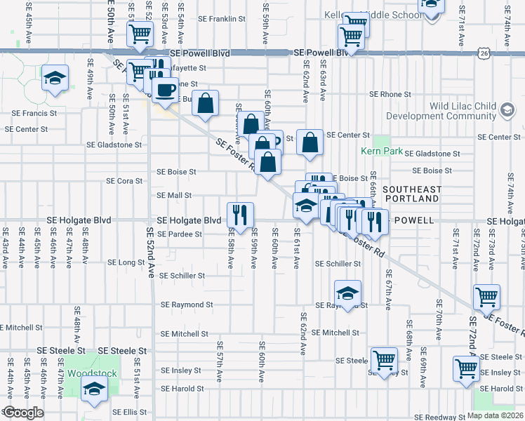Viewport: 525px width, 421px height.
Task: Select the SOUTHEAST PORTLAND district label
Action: [x=412, y=194]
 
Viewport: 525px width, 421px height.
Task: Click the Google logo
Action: [x=22, y=412]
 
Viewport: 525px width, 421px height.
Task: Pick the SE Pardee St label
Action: [x=180, y=234]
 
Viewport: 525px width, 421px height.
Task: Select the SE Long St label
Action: [x=126, y=262]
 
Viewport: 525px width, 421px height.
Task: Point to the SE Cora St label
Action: [x=124, y=180]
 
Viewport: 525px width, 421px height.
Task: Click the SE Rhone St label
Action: [x=390, y=94]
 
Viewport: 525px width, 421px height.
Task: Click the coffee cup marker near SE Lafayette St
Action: [x=166, y=91]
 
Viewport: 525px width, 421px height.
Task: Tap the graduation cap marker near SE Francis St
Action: [x=54, y=79]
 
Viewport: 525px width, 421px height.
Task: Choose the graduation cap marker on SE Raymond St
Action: [x=347, y=293]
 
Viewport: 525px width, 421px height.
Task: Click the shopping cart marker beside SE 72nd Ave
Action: [x=487, y=298]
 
